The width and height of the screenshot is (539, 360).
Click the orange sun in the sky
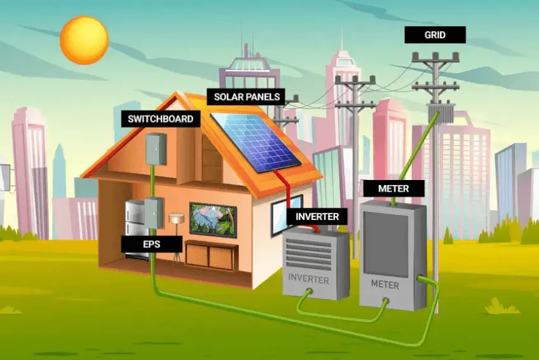tap(84, 40)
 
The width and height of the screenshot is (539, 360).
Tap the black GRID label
tap(435, 34)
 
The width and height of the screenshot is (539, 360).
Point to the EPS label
tap(152, 244)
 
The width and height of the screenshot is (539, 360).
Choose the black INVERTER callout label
tap(317, 216)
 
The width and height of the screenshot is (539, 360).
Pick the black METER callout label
tap(393, 188)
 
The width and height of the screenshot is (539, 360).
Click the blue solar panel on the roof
tap(254, 141)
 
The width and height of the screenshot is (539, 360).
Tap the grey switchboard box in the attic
tap(153, 148)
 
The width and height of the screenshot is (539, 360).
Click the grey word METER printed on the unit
tap(385, 284)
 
